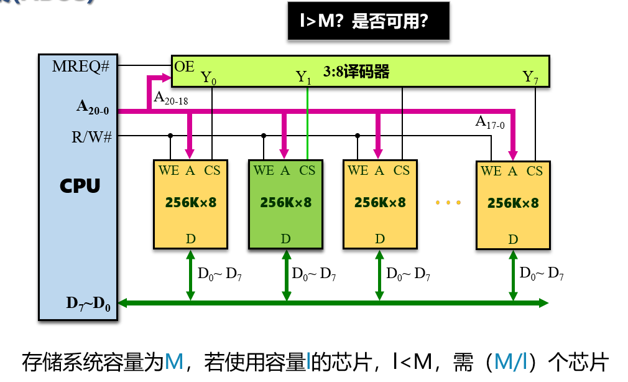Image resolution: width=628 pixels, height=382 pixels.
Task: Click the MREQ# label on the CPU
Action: (81, 66)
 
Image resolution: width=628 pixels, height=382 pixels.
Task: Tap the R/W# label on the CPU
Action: (91, 136)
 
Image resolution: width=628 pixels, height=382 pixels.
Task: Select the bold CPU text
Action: (80, 185)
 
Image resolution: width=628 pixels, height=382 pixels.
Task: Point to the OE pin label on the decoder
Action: (185, 66)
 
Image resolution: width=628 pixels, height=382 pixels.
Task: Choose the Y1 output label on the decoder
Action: (303, 78)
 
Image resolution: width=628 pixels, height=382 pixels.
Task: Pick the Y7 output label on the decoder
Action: (530, 78)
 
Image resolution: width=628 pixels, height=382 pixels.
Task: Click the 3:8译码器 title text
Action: (356, 72)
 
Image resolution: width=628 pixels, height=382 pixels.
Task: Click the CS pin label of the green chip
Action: (307, 170)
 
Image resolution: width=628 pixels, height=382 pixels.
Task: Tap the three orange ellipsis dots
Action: (448, 203)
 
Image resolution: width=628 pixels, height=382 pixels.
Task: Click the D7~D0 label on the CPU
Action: (88, 304)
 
